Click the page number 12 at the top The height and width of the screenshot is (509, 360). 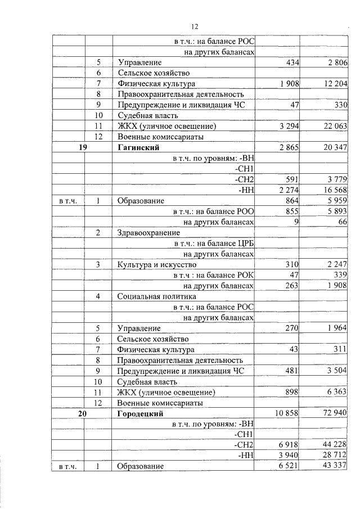[x=195, y=26]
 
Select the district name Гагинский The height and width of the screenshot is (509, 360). [x=138, y=147]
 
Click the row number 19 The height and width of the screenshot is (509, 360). [x=82, y=147]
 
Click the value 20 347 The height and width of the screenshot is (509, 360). [x=331, y=147]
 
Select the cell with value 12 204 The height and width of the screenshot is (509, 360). [x=331, y=83]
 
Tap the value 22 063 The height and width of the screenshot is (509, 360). [x=331, y=125]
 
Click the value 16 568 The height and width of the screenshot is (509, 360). [x=331, y=190]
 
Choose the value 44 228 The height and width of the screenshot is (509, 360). [x=331, y=445]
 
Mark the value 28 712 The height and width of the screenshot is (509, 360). [x=331, y=456]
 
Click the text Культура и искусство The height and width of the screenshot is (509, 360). [x=157, y=264]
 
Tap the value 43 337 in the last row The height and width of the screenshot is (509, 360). [x=331, y=466]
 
